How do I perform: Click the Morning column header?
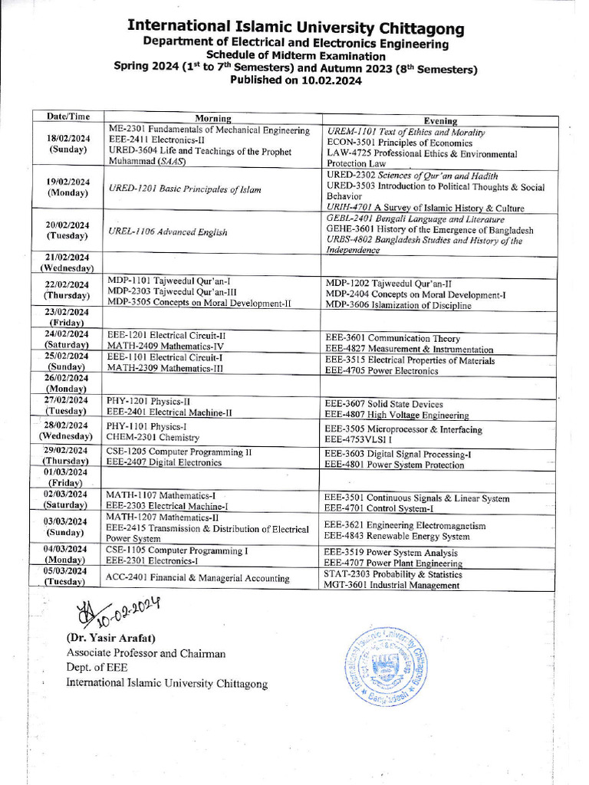pyautogui.click(x=213, y=119)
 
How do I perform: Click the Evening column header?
pyautogui.click(x=440, y=120)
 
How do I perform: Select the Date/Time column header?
pyautogui.click(x=68, y=117)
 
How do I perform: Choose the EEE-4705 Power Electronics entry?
pyautogui.click(x=381, y=371)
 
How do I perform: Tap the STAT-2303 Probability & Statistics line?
pyautogui.click(x=393, y=574)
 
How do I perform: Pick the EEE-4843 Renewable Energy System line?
pyautogui.click(x=397, y=536)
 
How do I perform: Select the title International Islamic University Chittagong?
pyautogui.click(x=295, y=29)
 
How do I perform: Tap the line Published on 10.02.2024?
pyautogui.click(x=295, y=80)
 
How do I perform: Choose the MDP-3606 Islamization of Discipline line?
pyautogui.click(x=398, y=305)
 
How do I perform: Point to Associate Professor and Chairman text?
pyautogui.click(x=146, y=653)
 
